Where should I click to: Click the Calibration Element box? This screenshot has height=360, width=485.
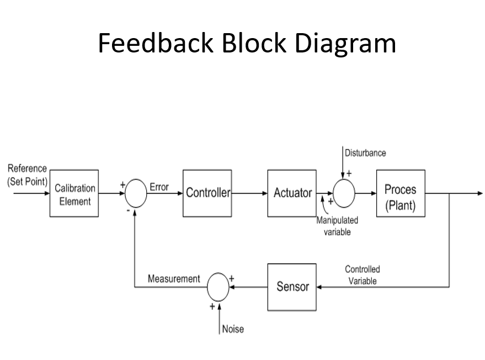74,194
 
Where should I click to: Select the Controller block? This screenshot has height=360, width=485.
207,193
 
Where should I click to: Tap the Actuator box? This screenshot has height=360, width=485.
292,193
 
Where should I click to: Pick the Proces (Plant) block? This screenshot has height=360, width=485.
401,194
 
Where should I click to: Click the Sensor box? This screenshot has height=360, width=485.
292,287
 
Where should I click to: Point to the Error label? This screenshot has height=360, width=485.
159,187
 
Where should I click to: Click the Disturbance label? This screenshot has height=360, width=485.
365,153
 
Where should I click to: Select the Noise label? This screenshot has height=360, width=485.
232,329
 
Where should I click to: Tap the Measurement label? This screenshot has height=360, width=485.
174,279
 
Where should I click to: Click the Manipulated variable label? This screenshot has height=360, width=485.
337,226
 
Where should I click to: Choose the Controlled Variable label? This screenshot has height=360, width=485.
363,275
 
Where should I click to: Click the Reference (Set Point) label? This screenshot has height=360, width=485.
27,175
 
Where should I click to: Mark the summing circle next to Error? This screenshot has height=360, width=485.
136,194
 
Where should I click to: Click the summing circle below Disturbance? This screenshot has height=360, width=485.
343,193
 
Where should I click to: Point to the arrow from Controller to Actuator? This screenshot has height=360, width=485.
249,194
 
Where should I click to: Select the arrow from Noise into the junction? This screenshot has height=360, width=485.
219,317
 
